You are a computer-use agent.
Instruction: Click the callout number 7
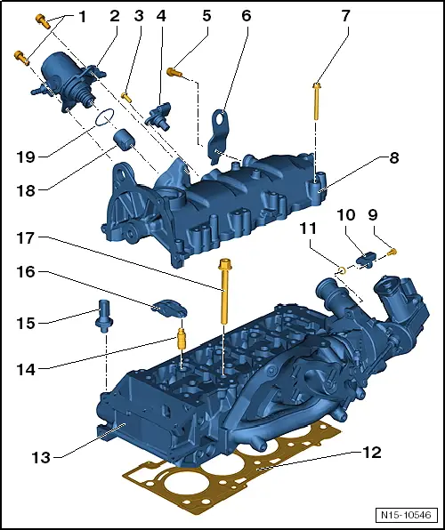click(x=345, y=16)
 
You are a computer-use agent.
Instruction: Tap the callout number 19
click(x=26, y=157)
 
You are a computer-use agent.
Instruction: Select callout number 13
click(x=41, y=458)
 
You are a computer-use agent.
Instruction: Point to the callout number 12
click(x=372, y=453)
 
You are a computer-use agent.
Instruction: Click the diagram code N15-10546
click(x=406, y=515)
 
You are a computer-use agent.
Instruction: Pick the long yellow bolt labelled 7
click(x=317, y=101)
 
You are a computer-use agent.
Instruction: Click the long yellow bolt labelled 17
click(x=224, y=291)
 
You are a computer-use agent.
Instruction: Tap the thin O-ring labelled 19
click(x=104, y=117)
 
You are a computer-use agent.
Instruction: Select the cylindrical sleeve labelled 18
click(x=124, y=139)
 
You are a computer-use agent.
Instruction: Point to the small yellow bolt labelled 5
click(x=174, y=72)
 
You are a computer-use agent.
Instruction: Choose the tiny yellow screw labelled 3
click(x=127, y=97)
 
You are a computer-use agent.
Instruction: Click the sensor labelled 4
click(x=159, y=116)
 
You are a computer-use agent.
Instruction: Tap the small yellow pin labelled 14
click(x=182, y=339)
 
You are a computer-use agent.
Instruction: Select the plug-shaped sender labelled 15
click(x=104, y=316)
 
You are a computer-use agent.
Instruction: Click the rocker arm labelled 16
click(x=169, y=308)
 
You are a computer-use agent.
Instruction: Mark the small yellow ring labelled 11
click(x=342, y=269)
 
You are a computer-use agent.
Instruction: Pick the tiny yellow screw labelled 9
click(x=392, y=252)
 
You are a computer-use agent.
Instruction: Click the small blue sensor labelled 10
click(x=366, y=259)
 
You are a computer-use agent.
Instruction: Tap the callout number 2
click(x=115, y=16)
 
